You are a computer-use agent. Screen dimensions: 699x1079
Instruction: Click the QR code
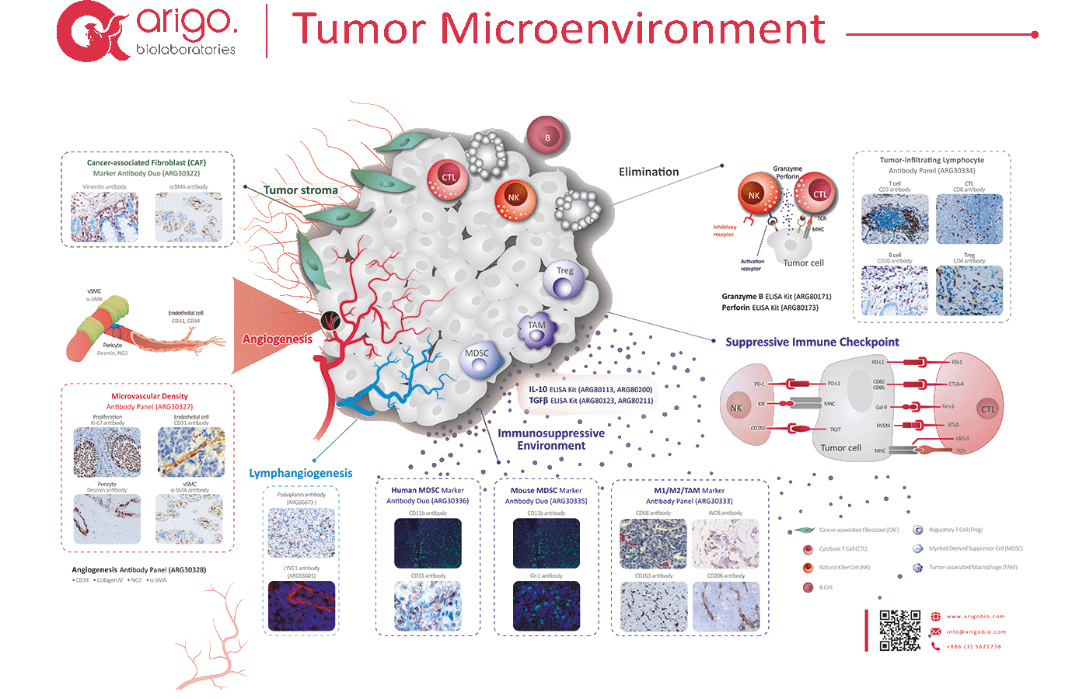[x=899, y=630]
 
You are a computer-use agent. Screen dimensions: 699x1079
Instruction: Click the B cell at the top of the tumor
[x=547, y=137]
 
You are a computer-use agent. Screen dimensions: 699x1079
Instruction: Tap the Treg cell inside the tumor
[x=564, y=280]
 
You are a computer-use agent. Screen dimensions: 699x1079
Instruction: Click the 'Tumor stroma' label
[x=300, y=190]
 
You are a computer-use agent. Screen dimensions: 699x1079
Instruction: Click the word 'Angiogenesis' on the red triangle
[x=277, y=339]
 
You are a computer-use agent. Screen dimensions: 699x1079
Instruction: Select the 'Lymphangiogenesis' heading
[x=300, y=473]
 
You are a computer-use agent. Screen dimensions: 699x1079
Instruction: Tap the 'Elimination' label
[x=648, y=172]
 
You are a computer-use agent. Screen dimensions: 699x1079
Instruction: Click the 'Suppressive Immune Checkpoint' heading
[x=812, y=342]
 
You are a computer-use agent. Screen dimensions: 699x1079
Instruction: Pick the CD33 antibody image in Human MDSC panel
[x=428, y=606]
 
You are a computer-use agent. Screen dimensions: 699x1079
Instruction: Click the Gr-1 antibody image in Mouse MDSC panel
[x=546, y=606]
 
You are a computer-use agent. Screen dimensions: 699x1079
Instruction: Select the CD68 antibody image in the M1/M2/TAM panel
[x=653, y=544]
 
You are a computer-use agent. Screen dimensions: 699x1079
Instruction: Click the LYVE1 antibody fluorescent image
[x=302, y=606]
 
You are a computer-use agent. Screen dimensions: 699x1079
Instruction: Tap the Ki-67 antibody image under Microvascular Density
[x=107, y=451]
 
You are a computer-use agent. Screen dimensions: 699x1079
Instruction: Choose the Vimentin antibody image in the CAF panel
[x=104, y=217]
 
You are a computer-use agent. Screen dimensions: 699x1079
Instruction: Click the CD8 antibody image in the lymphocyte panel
[x=969, y=219]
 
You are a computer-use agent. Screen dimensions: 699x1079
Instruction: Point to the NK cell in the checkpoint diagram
[x=735, y=408]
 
